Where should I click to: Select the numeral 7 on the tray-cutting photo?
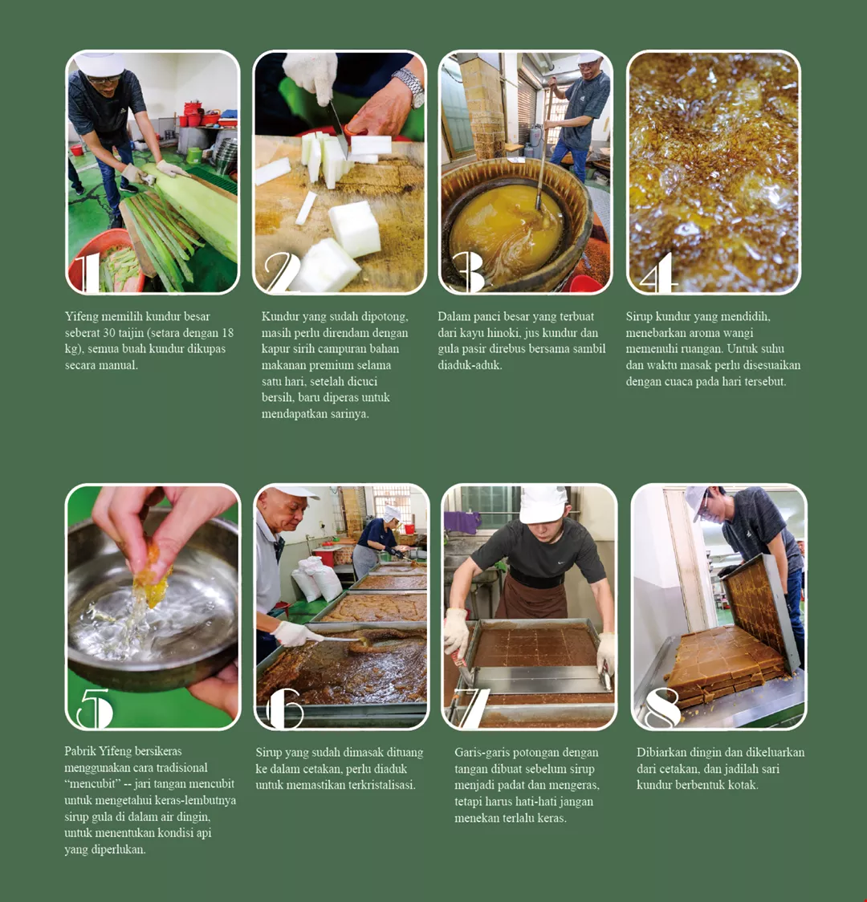click(x=470, y=708)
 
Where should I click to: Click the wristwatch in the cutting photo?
click(x=411, y=87)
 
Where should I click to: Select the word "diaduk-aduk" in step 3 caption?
click(x=470, y=364)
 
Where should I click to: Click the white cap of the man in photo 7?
click(x=542, y=504)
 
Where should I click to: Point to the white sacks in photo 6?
click(x=316, y=579)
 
